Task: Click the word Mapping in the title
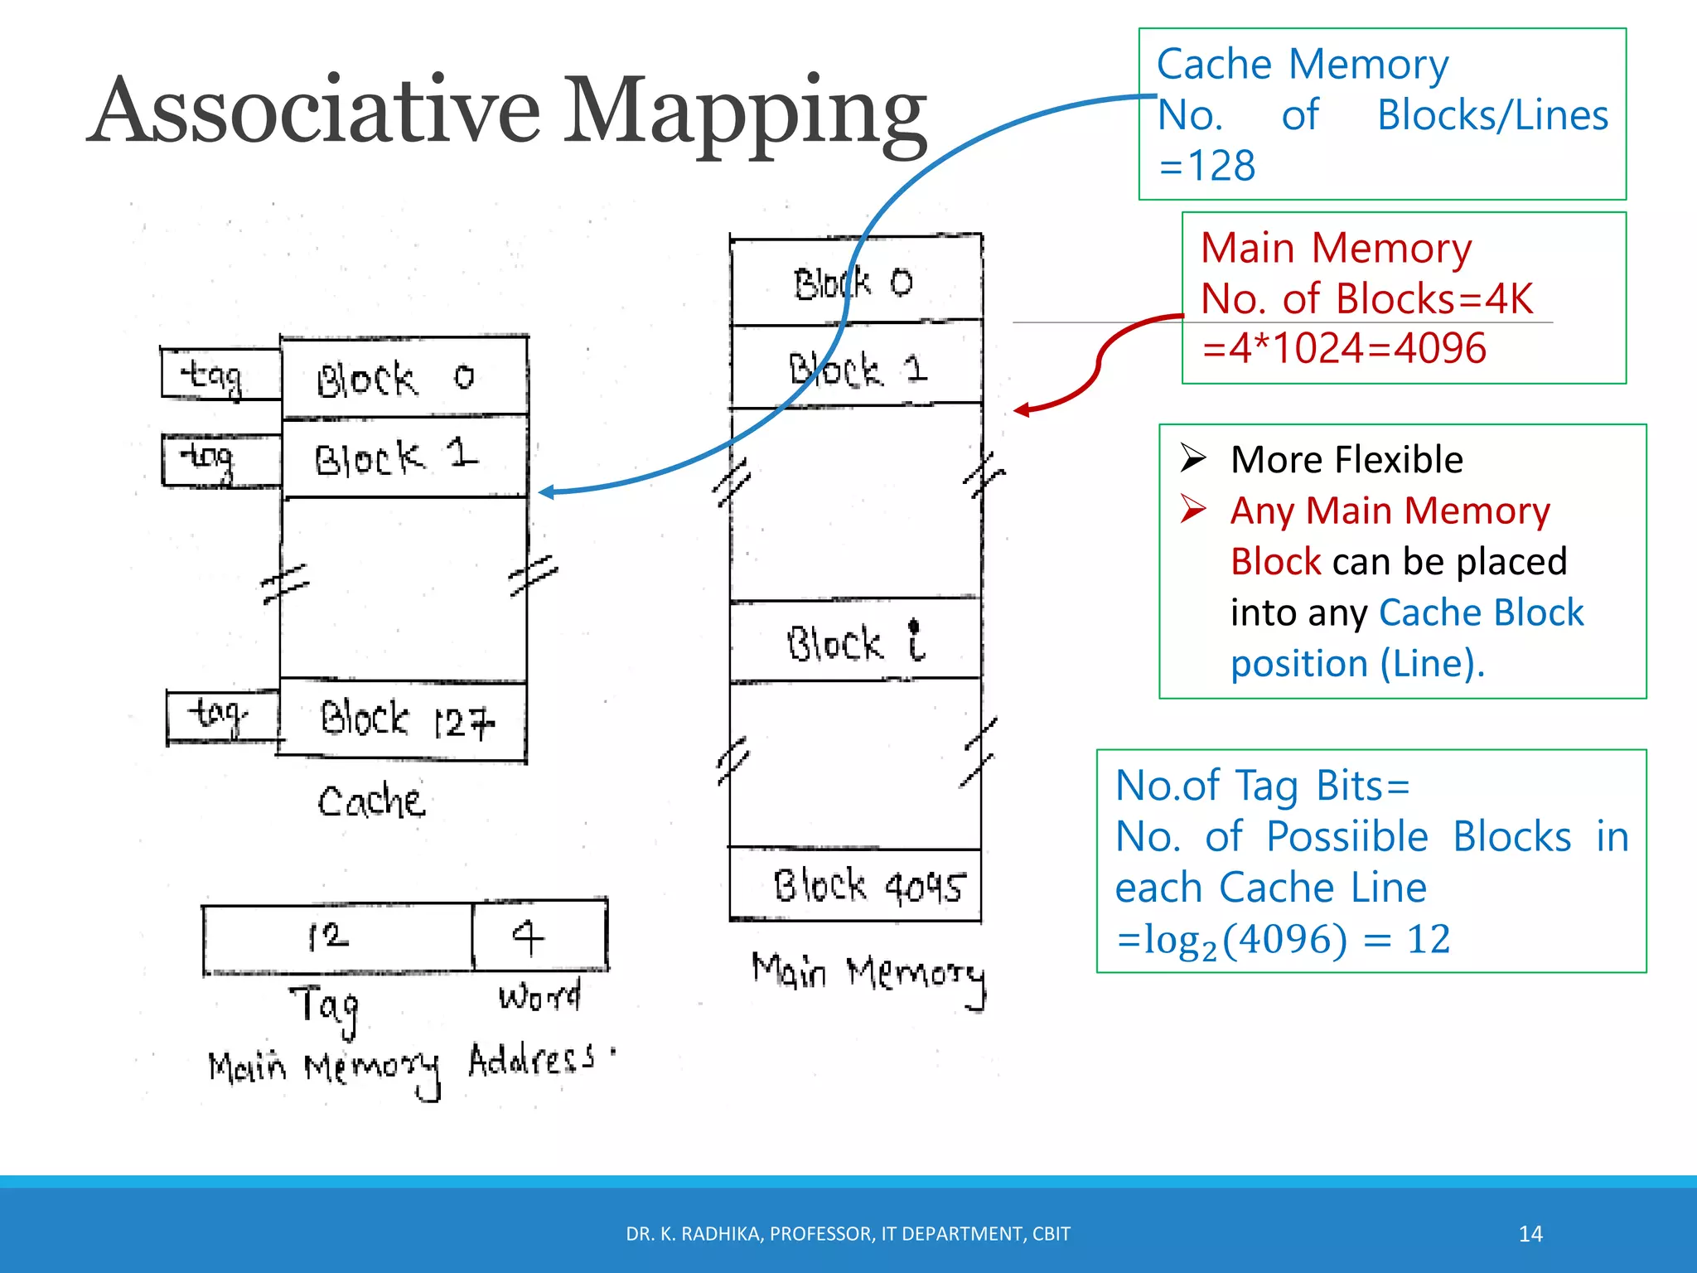pos(746,116)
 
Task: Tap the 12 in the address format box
pos(330,937)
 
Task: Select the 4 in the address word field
pos(529,937)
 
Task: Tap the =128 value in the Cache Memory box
pos(1207,166)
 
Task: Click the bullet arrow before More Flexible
pos(1192,457)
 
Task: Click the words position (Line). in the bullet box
pos(1357,664)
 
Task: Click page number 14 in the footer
pos(1530,1234)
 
